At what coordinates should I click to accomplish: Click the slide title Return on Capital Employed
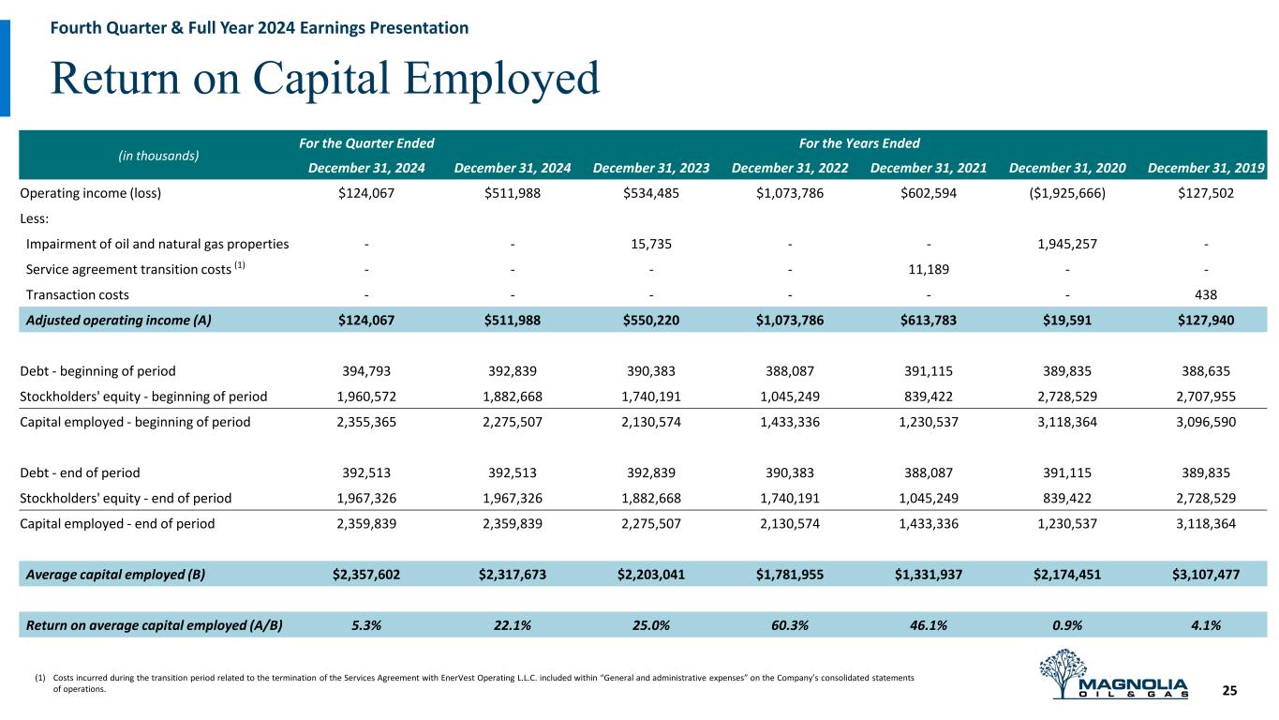(x=324, y=80)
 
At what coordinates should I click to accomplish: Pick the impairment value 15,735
(x=651, y=244)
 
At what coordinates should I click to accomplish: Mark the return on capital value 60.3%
(x=791, y=625)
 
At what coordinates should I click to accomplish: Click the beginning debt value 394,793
(x=366, y=370)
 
